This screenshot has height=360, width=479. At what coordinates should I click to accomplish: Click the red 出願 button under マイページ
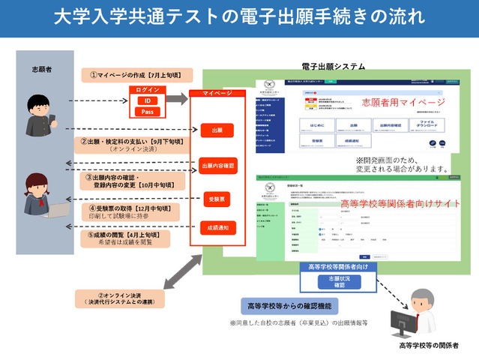point(217,130)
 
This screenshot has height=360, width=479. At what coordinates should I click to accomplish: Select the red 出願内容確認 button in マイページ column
point(217,165)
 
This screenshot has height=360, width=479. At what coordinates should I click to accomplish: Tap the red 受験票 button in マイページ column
point(217,199)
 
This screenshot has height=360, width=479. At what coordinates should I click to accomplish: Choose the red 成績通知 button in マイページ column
point(217,227)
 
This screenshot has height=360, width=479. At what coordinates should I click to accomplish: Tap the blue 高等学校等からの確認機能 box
point(289,305)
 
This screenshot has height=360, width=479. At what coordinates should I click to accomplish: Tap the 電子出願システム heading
point(334,67)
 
